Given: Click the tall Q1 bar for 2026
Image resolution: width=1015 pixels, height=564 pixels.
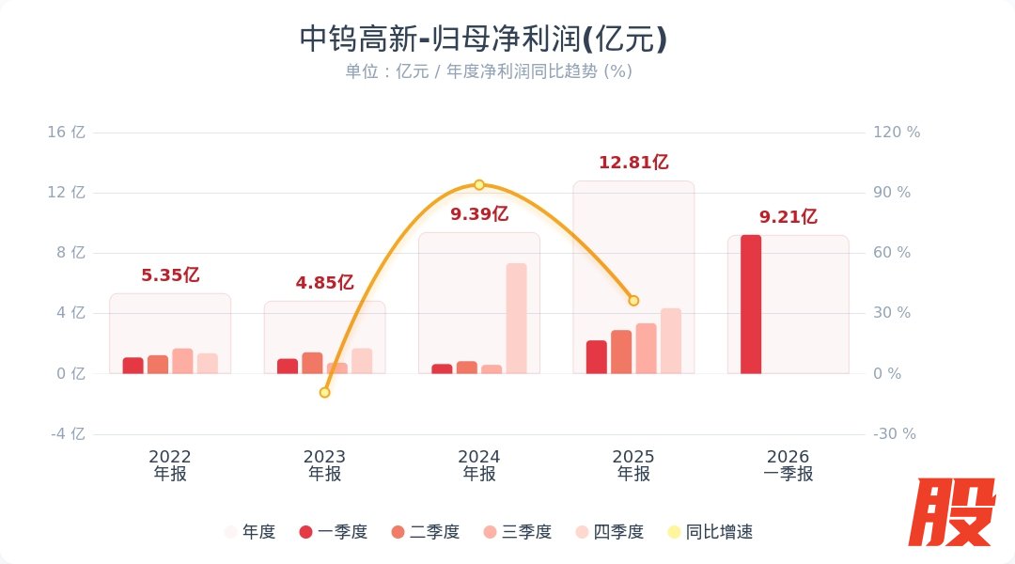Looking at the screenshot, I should [x=751, y=305].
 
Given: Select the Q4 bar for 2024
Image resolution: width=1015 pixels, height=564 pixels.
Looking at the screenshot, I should [x=516, y=319].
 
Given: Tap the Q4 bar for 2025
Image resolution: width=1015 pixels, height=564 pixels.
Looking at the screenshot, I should [x=670, y=341].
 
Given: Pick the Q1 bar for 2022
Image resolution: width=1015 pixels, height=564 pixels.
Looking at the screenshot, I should [x=133, y=366].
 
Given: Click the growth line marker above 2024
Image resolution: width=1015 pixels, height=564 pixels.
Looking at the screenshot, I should [x=479, y=185].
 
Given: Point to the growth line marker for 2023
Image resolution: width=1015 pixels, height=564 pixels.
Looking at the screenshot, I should [x=325, y=392].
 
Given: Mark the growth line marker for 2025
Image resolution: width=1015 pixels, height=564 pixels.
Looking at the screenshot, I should [x=633, y=301].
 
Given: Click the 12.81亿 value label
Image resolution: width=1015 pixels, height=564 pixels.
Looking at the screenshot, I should [x=633, y=163].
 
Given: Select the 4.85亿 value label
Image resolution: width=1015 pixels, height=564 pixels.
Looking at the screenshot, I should [x=324, y=282].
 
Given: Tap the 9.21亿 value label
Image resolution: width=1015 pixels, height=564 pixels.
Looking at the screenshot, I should [x=788, y=217].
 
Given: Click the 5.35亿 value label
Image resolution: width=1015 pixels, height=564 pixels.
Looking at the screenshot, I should [x=170, y=275].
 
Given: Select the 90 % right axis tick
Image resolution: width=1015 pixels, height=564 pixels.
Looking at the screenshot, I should [x=892, y=193].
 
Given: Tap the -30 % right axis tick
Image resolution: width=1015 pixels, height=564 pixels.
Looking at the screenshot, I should [x=894, y=434].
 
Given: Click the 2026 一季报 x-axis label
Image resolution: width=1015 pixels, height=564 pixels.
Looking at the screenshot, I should [x=788, y=465].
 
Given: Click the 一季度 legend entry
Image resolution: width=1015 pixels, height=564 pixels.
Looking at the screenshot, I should [x=333, y=532].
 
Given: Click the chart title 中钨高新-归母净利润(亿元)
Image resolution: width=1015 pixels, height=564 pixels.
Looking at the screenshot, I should [x=483, y=39].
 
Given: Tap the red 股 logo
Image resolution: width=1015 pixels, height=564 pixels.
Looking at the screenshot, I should [x=956, y=512].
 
